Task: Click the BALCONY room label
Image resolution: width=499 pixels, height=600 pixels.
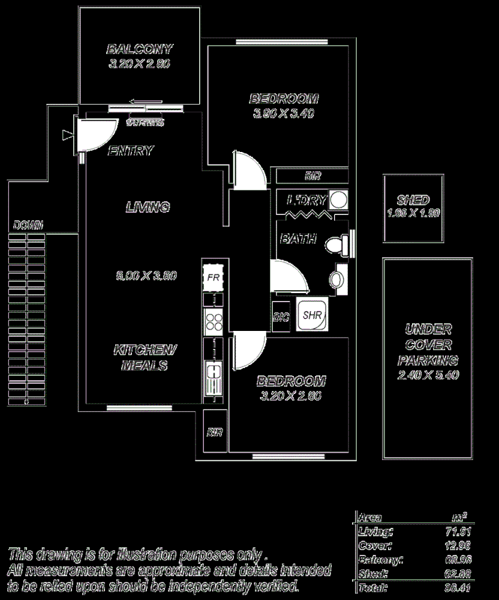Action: (139, 49)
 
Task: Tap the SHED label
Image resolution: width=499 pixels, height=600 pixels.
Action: (413, 200)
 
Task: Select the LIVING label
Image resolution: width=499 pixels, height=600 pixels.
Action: (148, 207)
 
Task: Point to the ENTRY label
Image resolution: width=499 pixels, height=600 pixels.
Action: (130, 151)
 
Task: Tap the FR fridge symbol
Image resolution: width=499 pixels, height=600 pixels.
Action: (212, 277)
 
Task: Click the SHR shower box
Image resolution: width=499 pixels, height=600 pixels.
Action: (311, 314)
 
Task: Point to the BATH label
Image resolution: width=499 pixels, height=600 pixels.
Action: (299, 238)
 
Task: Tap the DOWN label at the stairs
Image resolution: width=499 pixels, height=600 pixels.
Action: (28, 225)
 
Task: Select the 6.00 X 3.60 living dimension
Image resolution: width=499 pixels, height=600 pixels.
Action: (146, 276)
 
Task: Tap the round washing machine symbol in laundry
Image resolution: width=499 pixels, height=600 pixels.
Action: (339, 199)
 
